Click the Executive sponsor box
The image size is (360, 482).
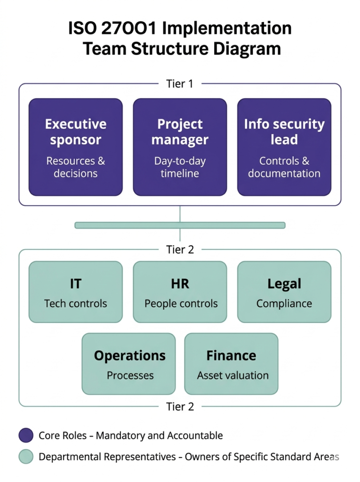pyautogui.click(x=75, y=146)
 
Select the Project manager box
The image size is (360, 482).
pyautogui.click(x=180, y=146)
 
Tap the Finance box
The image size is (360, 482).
pyautogui.click(x=231, y=363)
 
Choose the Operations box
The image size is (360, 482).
pyautogui.click(x=128, y=363)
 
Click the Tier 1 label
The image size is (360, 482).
pyautogui.click(x=180, y=84)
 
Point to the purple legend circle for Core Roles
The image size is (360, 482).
pyautogui.click(x=26, y=435)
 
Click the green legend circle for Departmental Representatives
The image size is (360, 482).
pyautogui.click(x=26, y=457)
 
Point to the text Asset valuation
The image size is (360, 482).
pyautogui.click(x=233, y=376)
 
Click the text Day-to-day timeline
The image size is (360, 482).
pyautogui.click(x=180, y=167)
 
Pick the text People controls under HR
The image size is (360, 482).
pyautogui.click(x=181, y=304)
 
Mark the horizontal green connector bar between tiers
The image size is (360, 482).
pyautogui.click(x=180, y=225)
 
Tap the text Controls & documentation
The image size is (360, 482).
pyautogui.click(x=284, y=167)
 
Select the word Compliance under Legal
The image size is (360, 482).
pyautogui.click(x=284, y=304)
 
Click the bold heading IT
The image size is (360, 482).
pyautogui.click(x=75, y=284)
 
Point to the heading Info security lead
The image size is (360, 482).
pyautogui.click(x=284, y=132)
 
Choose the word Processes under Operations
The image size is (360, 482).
pyautogui.click(x=130, y=376)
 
